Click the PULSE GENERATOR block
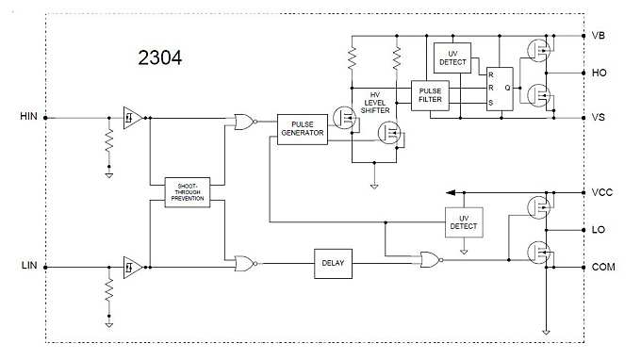pos(301,128)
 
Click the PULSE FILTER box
pos(431,94)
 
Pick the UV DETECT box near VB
pos(452,57)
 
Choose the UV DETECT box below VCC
pos(463,221)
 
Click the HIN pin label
pos(26,118)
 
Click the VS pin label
pos(599,117)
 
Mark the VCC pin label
pos(602,191)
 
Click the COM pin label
pos(602,268)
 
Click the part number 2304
pos(159,58)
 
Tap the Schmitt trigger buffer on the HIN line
pos(132,118)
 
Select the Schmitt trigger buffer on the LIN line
pos(132,268)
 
